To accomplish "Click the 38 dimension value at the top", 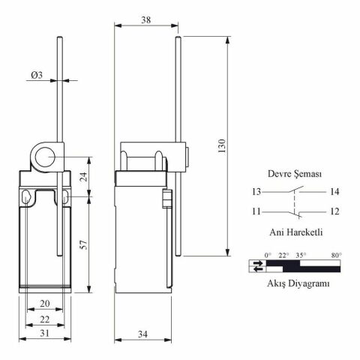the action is click(x=146, y=19).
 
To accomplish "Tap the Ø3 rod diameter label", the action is click(x=37, y=75).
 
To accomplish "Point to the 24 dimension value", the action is click(x=85, y=176).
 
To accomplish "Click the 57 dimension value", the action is click(x=84, y=244).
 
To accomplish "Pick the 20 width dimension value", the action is click(x=45, y=304).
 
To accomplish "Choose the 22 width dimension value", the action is click(x=45, y=319).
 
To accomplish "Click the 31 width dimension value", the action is click(x=45, y=333).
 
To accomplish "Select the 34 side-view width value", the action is click(x=142, y=334).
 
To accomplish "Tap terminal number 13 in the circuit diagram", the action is click(x=256, y=192).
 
